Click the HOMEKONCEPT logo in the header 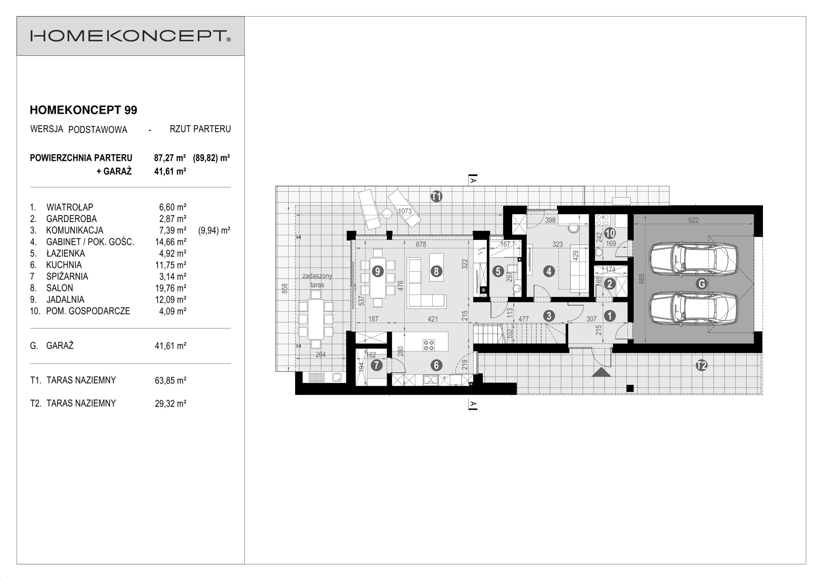131,36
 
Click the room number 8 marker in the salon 436,271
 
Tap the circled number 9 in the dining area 377,271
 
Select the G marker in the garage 701,284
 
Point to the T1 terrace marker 436,196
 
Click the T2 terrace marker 701,365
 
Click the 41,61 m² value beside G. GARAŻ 170,346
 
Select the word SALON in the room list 59,288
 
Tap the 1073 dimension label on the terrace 405,211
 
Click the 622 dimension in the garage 693,220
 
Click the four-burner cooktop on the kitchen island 429,345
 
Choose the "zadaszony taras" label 317,280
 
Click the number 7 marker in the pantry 376,365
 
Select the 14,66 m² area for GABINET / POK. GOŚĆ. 170,242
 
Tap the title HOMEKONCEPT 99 84,110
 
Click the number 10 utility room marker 610,233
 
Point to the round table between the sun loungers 387,214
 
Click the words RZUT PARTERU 200,129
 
